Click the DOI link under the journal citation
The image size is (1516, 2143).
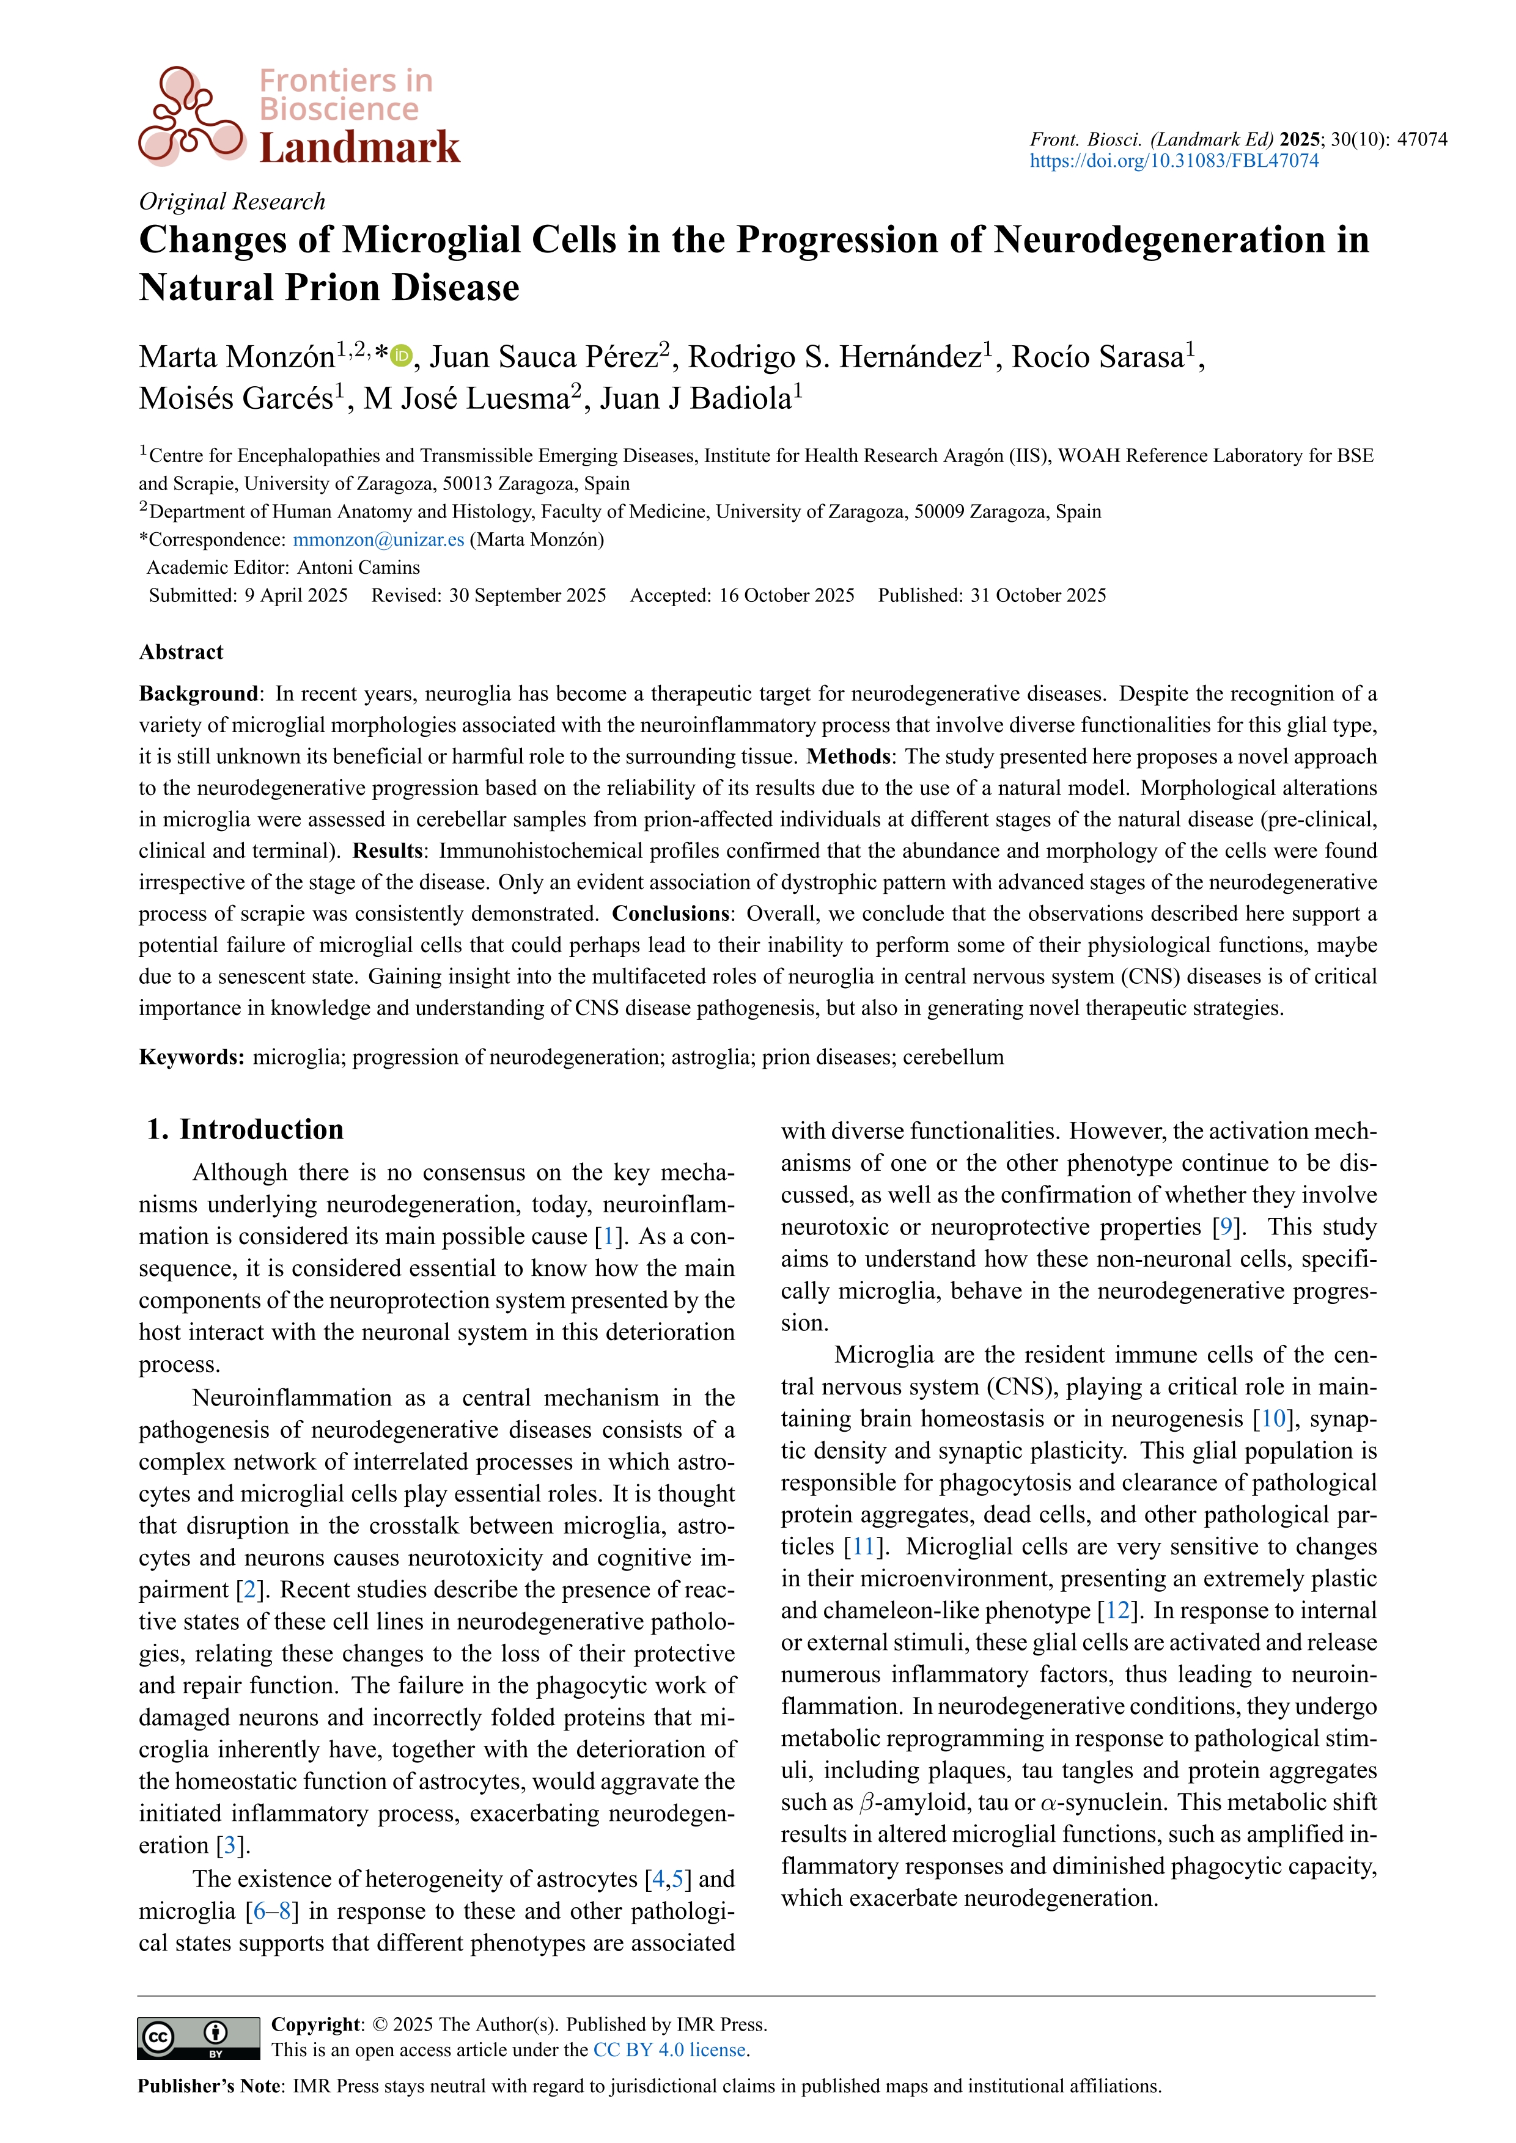point(1174,161)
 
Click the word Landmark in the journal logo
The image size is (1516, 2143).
point(359,147)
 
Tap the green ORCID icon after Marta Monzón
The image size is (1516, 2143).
point(402,356)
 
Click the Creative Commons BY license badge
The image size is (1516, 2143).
point(198,2037)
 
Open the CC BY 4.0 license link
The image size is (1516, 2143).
point(670,2050)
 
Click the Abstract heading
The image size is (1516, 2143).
point(181,651)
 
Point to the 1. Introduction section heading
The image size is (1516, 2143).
point(246,1129)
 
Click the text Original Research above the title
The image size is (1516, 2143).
point(232,202)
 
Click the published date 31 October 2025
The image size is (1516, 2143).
point(1037,596)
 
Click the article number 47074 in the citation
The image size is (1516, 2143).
point(1422,139)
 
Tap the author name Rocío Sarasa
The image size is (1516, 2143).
point(1098,357)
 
